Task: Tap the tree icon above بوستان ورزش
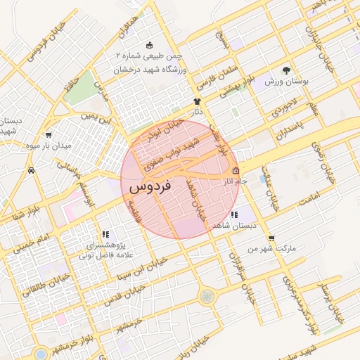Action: click(285, 70)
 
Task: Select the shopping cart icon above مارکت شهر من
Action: click(272, 238)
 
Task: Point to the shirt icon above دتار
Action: click(198, 101)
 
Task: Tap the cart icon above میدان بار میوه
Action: click(48, 134)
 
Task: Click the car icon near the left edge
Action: click(31, 170)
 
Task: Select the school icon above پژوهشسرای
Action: click(105, 234)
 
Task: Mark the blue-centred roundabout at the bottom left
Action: click(40, 353)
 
